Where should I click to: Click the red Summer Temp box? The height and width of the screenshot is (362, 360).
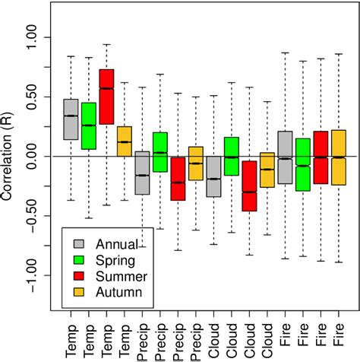(x=106, y=97)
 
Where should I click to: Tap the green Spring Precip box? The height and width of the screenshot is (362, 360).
(x=160, y=152)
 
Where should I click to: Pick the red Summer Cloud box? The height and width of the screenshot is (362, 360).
(x=249, y=186)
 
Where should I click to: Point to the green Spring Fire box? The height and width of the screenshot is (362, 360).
(x=302, y=164)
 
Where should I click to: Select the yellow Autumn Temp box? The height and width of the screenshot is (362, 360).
(x=125, y=141)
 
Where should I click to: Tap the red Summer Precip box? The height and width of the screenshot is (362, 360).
(x=178, y=179)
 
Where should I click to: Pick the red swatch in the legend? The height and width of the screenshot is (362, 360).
(x=79, y=275)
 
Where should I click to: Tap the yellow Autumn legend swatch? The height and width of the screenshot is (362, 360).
(x=79, y=291)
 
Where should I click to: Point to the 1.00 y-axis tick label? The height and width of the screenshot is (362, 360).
(x=35, y=37)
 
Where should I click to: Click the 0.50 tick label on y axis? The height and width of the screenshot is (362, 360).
(x=35, y=97)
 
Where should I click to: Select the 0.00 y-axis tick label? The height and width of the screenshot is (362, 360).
(x=35, y=156)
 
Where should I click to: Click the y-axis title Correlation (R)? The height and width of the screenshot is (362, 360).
(x=8, y=156)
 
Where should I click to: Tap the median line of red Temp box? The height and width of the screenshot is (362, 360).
(x=106, y=88)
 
